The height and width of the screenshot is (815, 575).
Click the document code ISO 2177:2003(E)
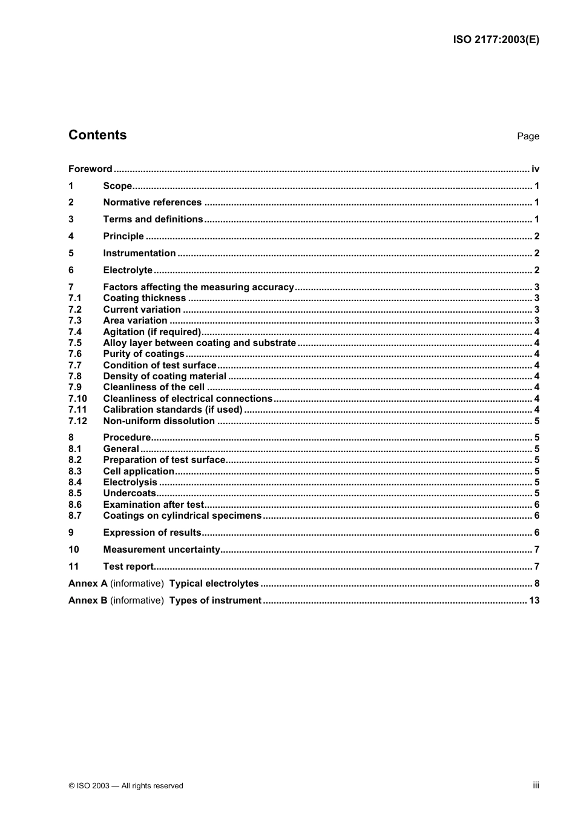coord(496,40)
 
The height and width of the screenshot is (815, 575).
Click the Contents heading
coord(97,135)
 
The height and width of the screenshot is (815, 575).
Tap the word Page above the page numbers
coord(528,136)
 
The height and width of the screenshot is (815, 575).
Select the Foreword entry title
coord(90,169)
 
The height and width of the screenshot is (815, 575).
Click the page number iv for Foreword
coord(535,169)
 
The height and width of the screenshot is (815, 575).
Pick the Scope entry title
coord(117,186)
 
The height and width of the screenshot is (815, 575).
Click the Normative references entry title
coord(153,202)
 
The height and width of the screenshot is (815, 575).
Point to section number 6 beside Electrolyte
coord(71,270)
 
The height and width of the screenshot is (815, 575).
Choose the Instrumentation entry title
coord(139,253)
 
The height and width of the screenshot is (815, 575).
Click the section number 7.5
coord(75,343)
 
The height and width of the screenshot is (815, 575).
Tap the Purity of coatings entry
coord(143,354)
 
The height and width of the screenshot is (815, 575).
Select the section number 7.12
coord(77,421)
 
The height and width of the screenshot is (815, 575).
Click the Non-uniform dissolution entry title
coord(159,421)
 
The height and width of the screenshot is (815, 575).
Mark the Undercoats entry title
coord(130,493)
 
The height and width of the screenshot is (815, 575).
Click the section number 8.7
coord(75,516)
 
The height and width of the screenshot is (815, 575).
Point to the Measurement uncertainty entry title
coord(162,550)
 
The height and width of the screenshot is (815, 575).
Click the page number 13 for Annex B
coord(534,600)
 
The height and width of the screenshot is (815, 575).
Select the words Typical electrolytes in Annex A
coord(214,584)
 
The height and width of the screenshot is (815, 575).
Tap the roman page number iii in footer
coord(536,785)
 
